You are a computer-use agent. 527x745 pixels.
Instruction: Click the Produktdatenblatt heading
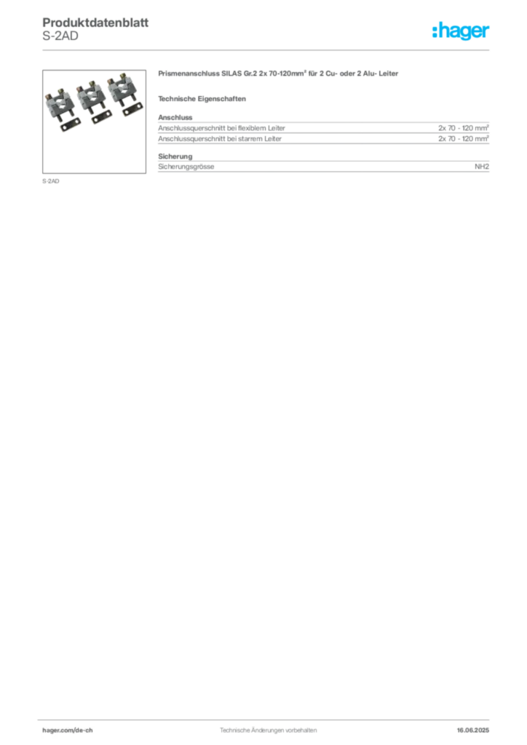click(95, 23)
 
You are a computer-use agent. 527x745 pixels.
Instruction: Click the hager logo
click(461, 31)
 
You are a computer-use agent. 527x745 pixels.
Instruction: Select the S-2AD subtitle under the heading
click(60, 36)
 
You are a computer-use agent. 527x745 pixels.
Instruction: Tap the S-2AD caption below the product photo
click(51, 181)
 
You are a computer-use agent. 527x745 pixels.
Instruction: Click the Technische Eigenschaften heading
click(202, 99)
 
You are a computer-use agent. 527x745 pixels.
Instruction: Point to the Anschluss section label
click(175, 117)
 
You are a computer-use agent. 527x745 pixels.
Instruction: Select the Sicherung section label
click(175, 156)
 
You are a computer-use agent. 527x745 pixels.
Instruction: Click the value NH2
click(482, 167)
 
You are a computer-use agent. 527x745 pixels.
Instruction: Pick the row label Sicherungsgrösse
click(186, 167)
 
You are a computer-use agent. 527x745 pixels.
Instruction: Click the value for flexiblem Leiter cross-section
click(464, 128)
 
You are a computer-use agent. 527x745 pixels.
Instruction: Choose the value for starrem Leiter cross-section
click(464, 139)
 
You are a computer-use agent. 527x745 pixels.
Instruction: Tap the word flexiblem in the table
click(252, 128)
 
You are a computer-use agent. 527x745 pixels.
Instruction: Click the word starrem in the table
click(250, 139)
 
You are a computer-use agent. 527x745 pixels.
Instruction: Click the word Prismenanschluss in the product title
click(189, 73)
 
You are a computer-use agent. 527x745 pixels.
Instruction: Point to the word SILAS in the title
click(231, 73)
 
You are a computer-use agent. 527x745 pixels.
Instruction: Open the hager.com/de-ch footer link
click(68, 730)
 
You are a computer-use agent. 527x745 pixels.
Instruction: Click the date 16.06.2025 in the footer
click(473, 730)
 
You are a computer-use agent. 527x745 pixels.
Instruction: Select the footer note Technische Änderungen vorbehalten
click(268, 730)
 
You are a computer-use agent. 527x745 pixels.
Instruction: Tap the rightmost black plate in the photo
click(132, 109)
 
